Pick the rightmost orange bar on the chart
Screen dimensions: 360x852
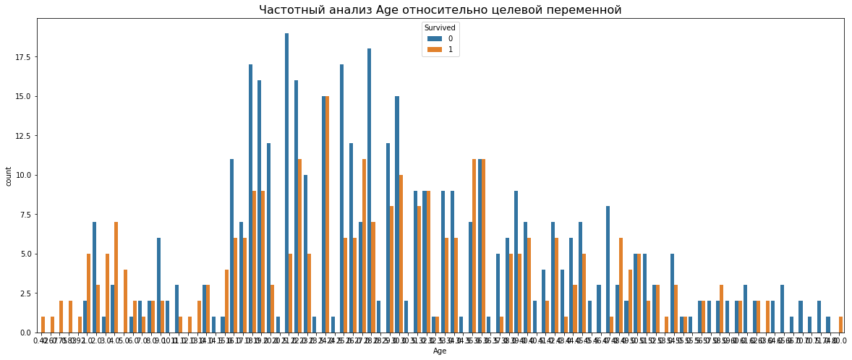click(x=840, y=325)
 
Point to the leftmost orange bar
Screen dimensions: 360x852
click(x=43, y=325)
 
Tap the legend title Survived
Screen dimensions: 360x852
click(x=440, y=27)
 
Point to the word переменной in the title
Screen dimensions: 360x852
click(x=578, y=9)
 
